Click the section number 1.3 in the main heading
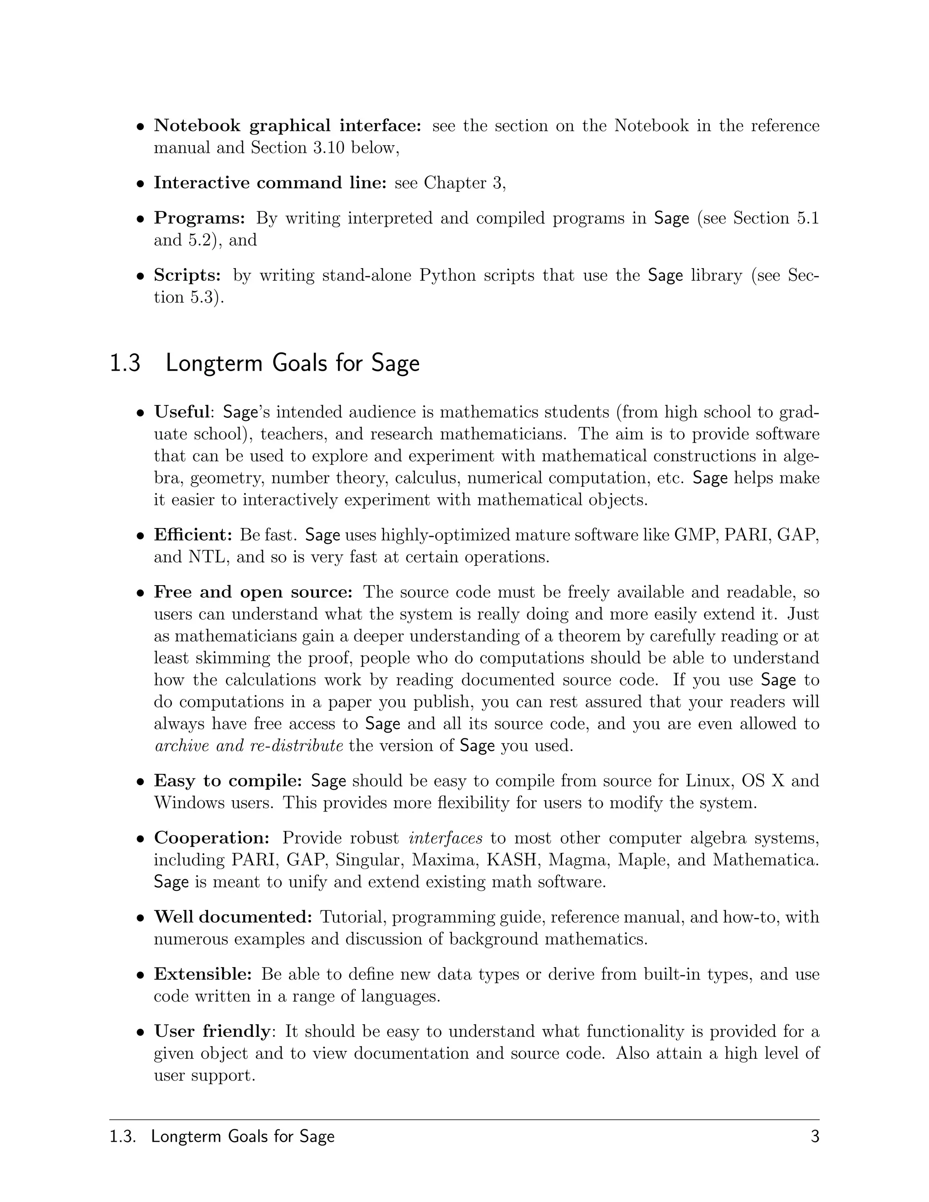coord(126,364)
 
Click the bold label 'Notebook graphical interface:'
coord(287,126)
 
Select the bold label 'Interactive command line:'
coord(270,183)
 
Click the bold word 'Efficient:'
coord(193,534)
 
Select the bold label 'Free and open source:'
coord(253,591)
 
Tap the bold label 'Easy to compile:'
coord(228,781)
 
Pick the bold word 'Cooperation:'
coord(211,838)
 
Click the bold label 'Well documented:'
coord(233,916)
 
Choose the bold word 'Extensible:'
coord(202,973)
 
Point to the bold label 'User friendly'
coord(212,1031)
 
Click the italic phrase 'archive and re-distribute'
coord(249,746)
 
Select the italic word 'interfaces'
coord(446,838)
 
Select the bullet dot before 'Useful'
coord(141,412)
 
